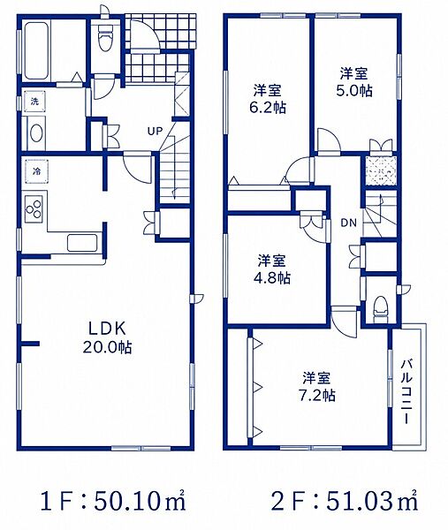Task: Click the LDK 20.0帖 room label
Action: pyautogui.click(x=108, y=337)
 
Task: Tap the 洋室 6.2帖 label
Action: pyautogui.click(x=268, y=99)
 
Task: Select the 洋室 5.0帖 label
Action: pyautogui.click(x=354, y=82)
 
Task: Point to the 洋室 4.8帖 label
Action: pyautogui.click(x=272, y=269)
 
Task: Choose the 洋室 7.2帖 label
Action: pyautogui.click(x=317, y=386)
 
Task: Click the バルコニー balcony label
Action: pyautogui.click(x=406, y=392)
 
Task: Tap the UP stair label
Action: pyautogui.click(x=155, y=131)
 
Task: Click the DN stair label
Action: pyautogui.click(x=349, y=223)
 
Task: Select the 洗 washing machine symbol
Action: pyautogui.click(x=34, y=102)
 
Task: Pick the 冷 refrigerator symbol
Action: pyautogui.click(x=36, y=171)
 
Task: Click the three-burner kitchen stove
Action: pyautogui.click(x=34, y=208)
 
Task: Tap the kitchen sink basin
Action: pyautogui.click(x=82, y=243)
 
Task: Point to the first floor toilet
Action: pyautogui.click(x=104, y=39)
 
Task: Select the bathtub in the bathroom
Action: pyautogui.click(x=35, y=50)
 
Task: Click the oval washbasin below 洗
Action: pyautogui.click(x=36, y=133)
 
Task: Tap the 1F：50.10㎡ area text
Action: pyautogui.click(x=113, y=501)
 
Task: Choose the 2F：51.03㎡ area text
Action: pyautogui.click(x=345, y=501)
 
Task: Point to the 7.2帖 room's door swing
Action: pyautogui.click(x=345, y=322)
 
